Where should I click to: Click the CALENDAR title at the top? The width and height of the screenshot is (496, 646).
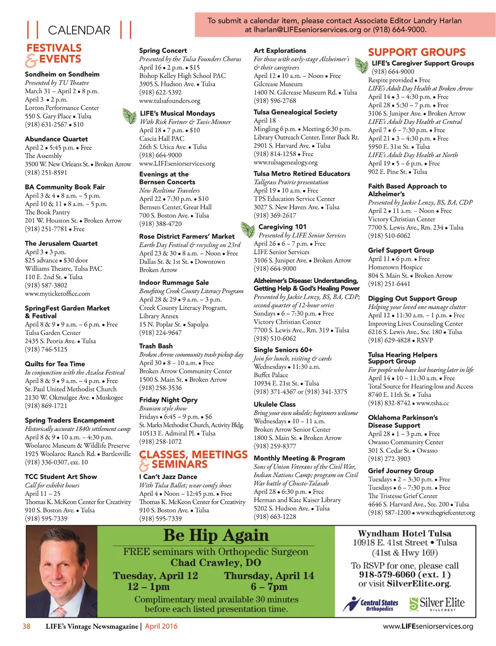[x=79, y=31]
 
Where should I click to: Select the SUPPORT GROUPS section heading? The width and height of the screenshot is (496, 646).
[x=417, y=52]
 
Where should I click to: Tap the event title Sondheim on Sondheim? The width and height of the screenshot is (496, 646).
[x=62, y=74]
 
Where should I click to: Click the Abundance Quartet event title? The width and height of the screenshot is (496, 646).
[x=56, y=139]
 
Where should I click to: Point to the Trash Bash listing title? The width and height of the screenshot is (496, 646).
[x=155, y=346]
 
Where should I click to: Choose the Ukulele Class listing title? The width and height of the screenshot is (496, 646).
[x=274, y=404]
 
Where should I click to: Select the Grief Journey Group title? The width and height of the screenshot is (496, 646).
[x=401, y=471]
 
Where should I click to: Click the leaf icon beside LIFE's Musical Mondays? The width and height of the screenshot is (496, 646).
[x=129, y=116]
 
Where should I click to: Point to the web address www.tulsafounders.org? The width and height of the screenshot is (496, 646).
[x=170, y=101]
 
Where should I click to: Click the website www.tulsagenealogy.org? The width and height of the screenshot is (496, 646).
[x=285, y=162]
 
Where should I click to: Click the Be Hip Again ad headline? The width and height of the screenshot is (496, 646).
[x=216, y=536]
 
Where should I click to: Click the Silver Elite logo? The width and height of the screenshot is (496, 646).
[x=436, y=603]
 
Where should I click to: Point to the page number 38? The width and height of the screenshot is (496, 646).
[x=26, y=626]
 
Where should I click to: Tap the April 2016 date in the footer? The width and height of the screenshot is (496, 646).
[x=161, y=626]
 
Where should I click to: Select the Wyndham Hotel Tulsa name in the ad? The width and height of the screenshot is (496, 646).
[x=404, y=534]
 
